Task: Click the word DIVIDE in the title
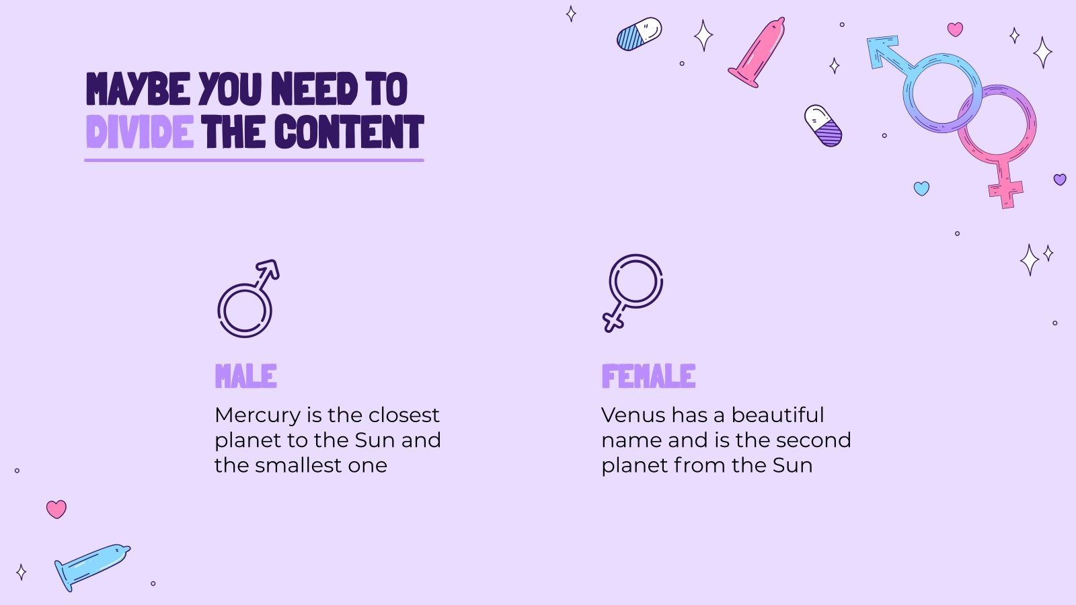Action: coord(139,132)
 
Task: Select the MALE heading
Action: coord(245,376)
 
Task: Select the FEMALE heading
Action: coord(648,376)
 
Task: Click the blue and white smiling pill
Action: coord(639,34)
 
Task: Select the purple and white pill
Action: coord(823,126)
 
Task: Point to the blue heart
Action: coord(921,188)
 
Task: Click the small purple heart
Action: coord(1060,179)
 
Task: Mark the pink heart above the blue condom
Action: coord(56,509)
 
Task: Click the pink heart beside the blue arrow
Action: coord(955,29)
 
